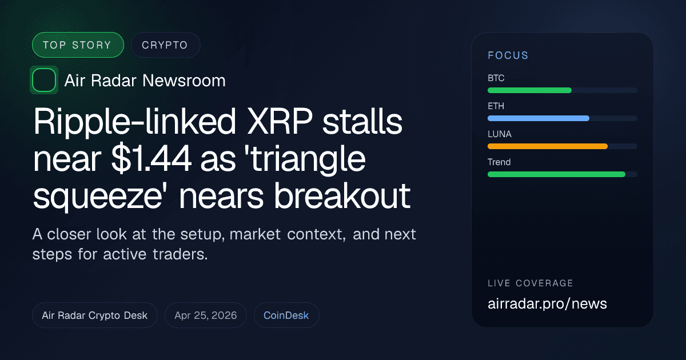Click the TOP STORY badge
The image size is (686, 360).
pyautogui.click(x=78, y=45)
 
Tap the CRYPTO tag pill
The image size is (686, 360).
pyautogui.click(x=165, y=45)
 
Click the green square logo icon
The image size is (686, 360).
pyautogui.click(x=44, y=80)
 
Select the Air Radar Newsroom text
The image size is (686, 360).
pyautogui.click(x=145, y=81)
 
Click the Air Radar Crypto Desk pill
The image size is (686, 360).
pyautogui.click(x=95, y=315)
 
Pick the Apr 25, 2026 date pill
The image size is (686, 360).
pyautogui.click(x=206, y=315)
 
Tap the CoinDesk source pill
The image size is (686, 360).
pyautogui.click(x=286, y=315)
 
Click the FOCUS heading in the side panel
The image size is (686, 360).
pyautogui.click(x=508, y=55)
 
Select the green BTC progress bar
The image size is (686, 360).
pyautogui.click(x=529, y=90)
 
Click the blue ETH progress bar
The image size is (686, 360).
pyautogui.click(x=538, y=118)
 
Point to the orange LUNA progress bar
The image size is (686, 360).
pyautogui.click(x=547, y=146)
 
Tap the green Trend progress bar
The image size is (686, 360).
pyautogui.click(x=556, y=174)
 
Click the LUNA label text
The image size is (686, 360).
pyautogui.click(x=500, y=134)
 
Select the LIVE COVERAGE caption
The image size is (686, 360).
pyautogui.click(x=531, y=283)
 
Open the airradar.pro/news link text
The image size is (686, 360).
pyautogui.click(x=547, y=303)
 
